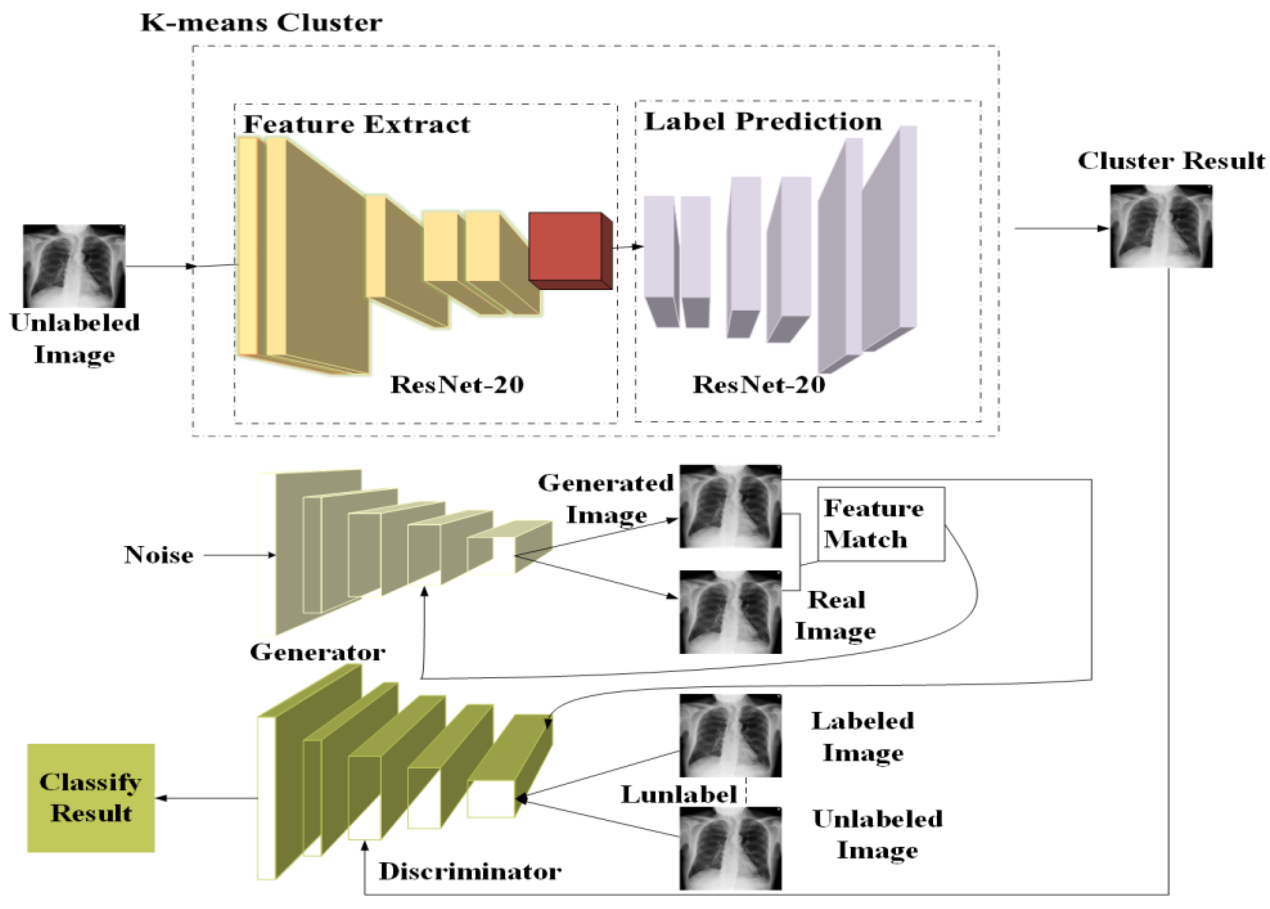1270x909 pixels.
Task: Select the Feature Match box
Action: [881, 524]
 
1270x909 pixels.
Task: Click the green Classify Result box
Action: [90, 798]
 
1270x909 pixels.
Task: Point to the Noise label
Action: [159, 555]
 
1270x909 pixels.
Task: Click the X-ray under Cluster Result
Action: [1161, 226]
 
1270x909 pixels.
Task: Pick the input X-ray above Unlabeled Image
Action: [74, 265]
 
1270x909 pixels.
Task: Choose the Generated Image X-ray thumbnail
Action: [730, 506]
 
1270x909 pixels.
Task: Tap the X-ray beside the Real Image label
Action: [730, 612]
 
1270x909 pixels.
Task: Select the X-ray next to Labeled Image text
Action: [730, 735]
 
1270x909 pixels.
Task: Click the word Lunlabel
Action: [679, 795]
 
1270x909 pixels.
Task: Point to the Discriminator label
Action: [470, 871]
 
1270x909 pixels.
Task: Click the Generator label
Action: [317, 653]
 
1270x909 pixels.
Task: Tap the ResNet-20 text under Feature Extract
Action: [457, 385]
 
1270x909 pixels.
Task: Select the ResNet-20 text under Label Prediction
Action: [759, 385]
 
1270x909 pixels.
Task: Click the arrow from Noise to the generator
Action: [239, 555]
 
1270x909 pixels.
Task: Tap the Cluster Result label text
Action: [1171, 161]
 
